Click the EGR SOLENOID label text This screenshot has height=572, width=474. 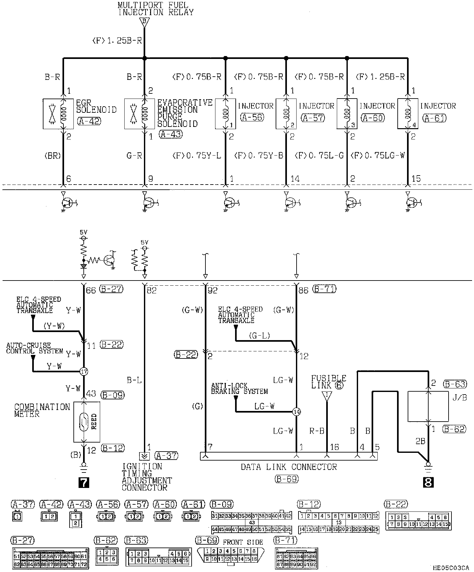tap(96, 106)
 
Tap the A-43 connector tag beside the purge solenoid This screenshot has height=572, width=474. tap(170, 134)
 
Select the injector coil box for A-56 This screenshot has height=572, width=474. tap(225, 114)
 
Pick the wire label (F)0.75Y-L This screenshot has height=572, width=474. tap(197, 156)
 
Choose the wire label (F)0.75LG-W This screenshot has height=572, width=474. tap(377, 156)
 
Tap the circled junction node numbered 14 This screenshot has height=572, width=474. tap(297, 412)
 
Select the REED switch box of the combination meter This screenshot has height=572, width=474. tap(87, 422)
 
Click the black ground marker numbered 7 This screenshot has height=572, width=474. tap(84, 482)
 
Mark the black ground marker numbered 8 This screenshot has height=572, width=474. tap(429, 482)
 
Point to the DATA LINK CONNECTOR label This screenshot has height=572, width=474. tap(289, 467)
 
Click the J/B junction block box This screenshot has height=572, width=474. tap(428, 406)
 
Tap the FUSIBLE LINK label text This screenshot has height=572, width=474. tap(328, 382)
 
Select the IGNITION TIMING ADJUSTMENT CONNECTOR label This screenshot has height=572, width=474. tap(147, 477)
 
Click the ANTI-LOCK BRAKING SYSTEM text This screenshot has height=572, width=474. tap(239, 389)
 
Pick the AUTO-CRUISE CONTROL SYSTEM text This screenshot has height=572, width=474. tap(34, 348)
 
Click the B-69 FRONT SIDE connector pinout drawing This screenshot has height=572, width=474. tap(232, 555)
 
